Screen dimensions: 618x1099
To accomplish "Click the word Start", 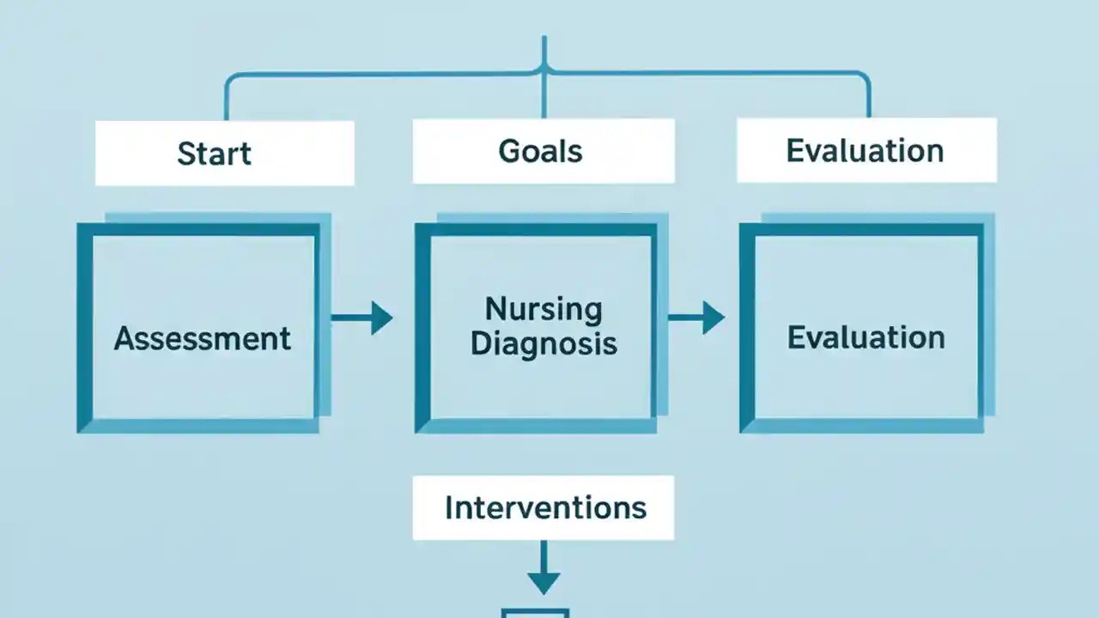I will pos(214,154).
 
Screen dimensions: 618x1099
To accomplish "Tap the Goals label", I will pos(540,151).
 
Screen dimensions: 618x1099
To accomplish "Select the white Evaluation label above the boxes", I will pos(865,151).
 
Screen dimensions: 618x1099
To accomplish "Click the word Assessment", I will pos(203,338).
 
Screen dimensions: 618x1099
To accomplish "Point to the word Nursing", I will pos(543,309).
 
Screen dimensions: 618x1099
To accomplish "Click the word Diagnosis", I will pos(543,343).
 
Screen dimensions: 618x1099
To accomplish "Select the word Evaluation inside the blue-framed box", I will pos(865,337).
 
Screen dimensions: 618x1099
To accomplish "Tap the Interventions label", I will pos(544,507).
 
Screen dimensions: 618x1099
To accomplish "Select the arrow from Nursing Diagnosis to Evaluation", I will pos(696,318).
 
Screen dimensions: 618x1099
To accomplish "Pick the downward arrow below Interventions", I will pos(543,567).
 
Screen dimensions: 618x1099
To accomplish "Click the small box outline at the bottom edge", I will pos(535,613).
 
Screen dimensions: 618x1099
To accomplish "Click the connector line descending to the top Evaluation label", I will pos(868,99).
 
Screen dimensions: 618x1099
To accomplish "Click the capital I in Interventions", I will pos(449,507).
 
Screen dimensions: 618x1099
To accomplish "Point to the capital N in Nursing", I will pos(495,309).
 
